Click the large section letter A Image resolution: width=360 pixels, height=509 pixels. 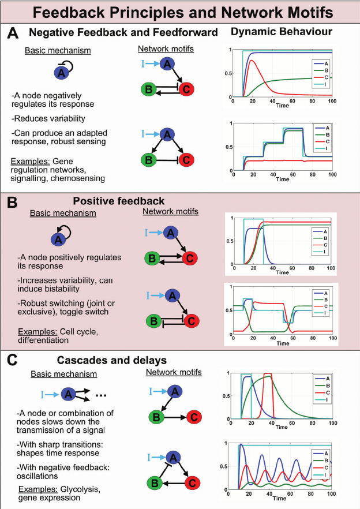click(12, 34)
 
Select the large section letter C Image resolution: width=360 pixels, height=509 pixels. click(12, 362)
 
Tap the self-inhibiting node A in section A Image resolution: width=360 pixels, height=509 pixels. click(60, 73)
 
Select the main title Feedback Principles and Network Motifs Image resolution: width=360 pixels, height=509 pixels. click(180, 12)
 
